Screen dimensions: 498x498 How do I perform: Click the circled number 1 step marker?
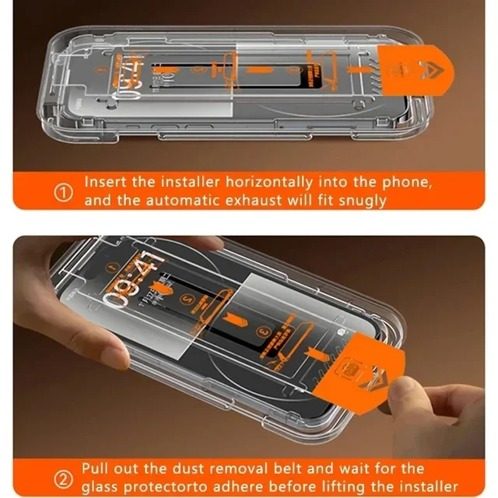(x=63, y=192)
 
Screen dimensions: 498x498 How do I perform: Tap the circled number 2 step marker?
(x=62, y=477)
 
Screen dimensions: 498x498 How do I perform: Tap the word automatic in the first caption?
(x=184, y=200)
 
